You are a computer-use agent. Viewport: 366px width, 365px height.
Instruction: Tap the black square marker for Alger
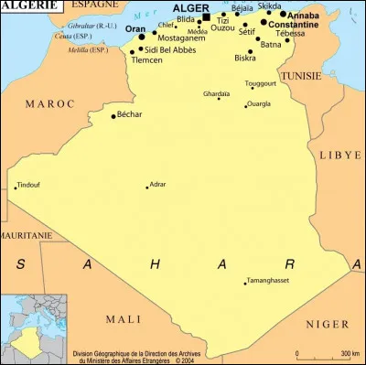point(206,17)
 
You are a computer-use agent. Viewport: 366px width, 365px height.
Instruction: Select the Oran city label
point(135,29)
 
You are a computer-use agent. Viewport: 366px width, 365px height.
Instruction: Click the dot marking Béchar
point(113,116)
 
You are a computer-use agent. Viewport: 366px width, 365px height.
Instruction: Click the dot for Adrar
point(147,187)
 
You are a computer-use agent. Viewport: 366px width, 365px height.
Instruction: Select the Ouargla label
point(259,104)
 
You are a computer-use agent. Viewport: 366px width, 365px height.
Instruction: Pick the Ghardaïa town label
point(217,93)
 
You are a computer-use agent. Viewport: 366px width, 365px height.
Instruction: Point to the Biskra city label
point(244,58)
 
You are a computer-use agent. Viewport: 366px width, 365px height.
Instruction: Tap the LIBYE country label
point(339,156)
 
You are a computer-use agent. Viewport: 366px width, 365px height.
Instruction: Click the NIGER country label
point(327,324)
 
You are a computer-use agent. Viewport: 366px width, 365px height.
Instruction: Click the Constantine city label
point(293,25)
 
